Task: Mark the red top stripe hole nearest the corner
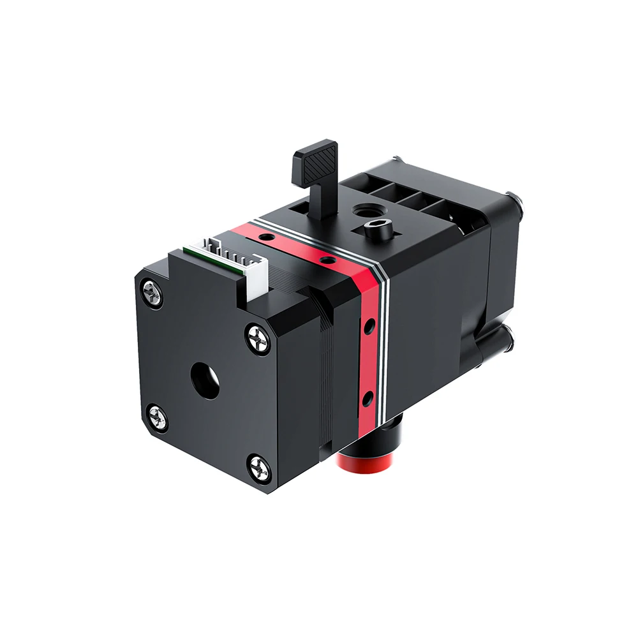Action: (x=327, y=260)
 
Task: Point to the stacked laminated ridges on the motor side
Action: (x=326, y=370)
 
